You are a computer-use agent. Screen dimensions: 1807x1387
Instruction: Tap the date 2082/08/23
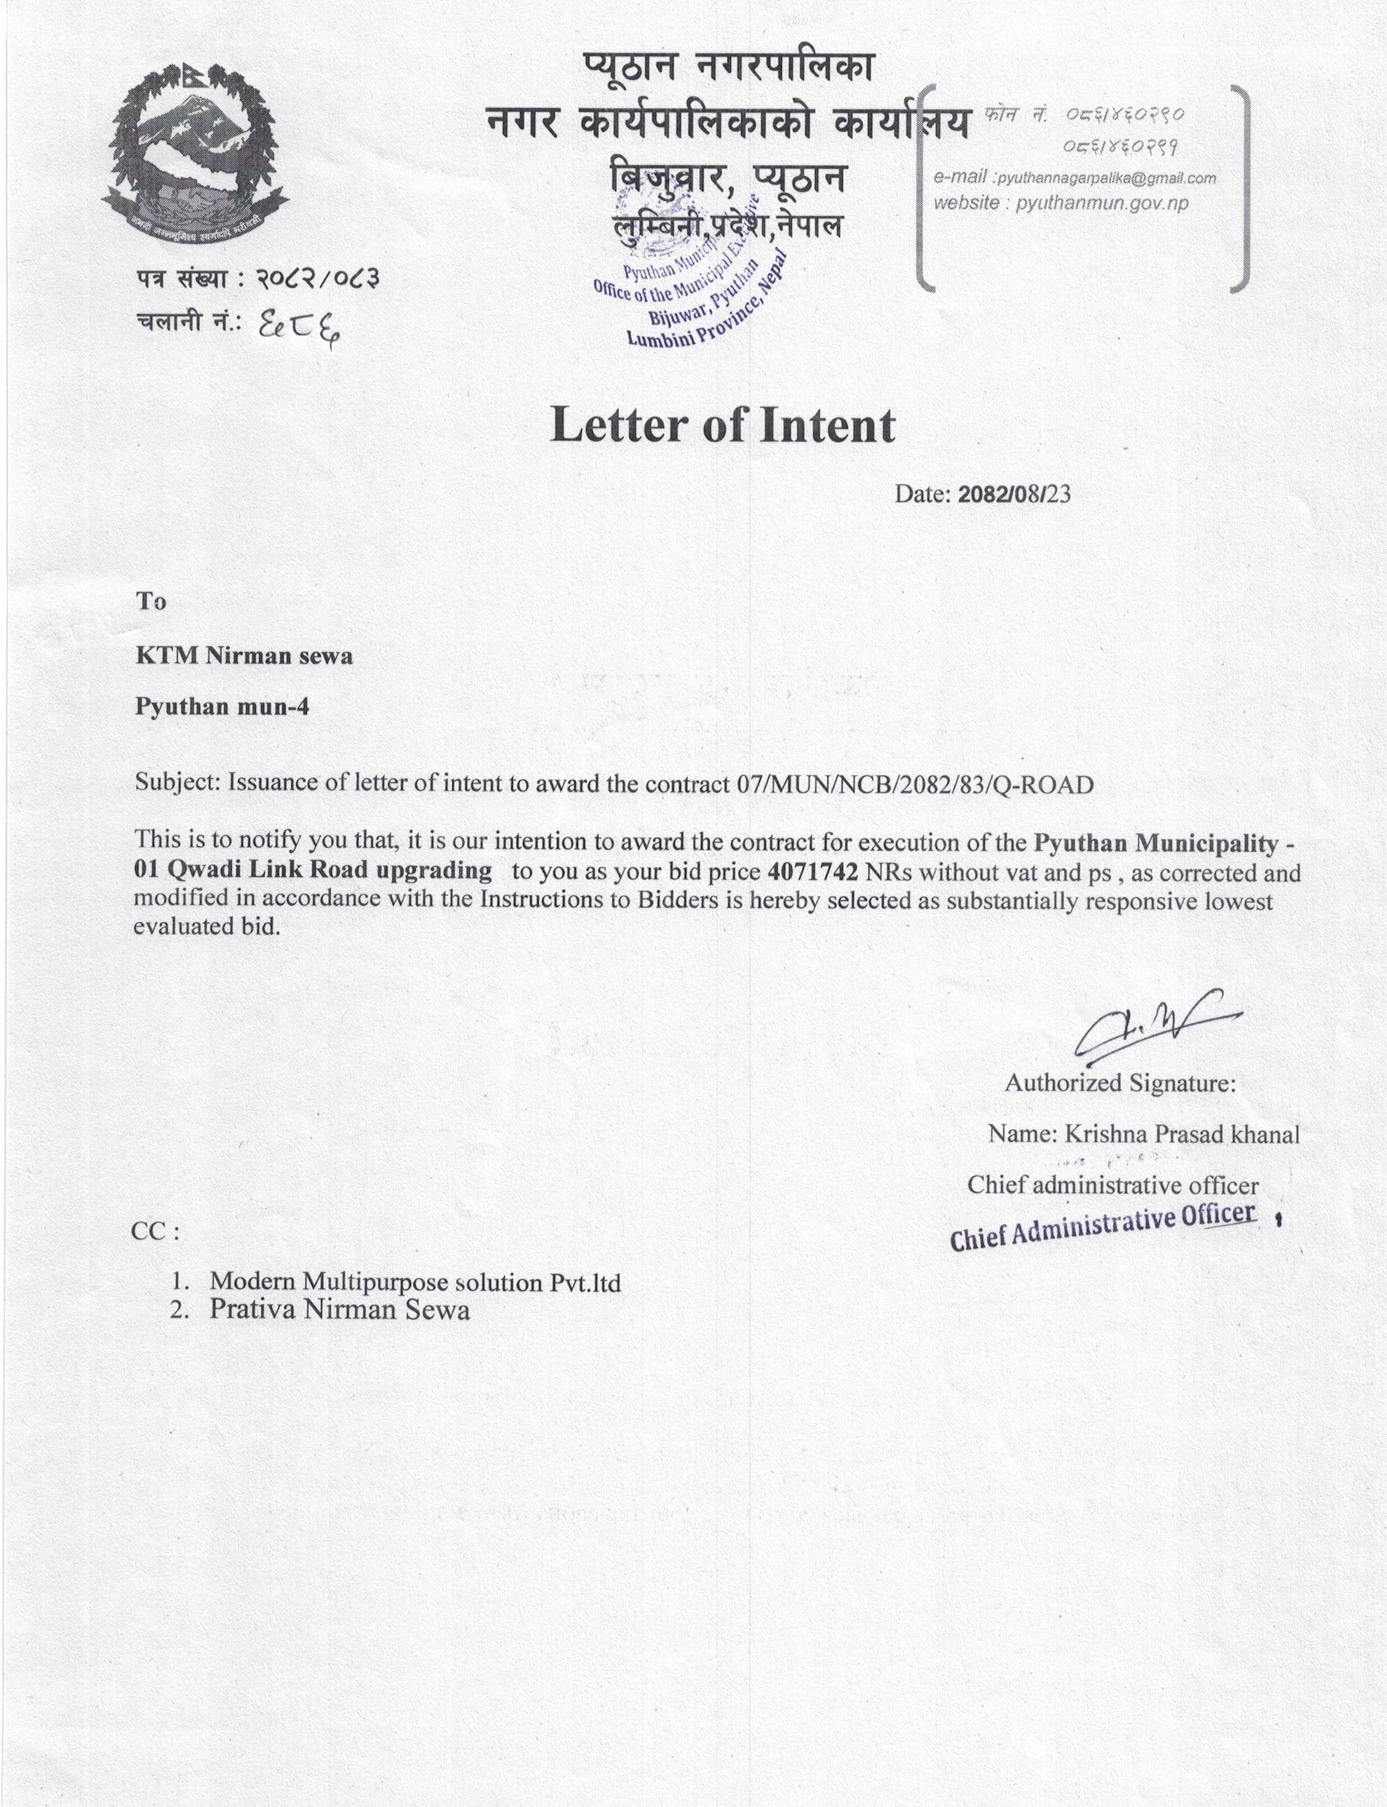tap(1013, 495)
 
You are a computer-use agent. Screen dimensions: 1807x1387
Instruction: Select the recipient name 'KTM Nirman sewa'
tap(245, 656)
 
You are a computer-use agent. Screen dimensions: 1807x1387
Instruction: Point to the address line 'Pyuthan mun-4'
tap(222, 707)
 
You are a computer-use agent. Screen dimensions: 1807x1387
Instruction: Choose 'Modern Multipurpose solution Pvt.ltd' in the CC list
tap(415, 1282)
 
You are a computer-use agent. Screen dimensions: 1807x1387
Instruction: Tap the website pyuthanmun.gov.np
tap(1102, 203)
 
